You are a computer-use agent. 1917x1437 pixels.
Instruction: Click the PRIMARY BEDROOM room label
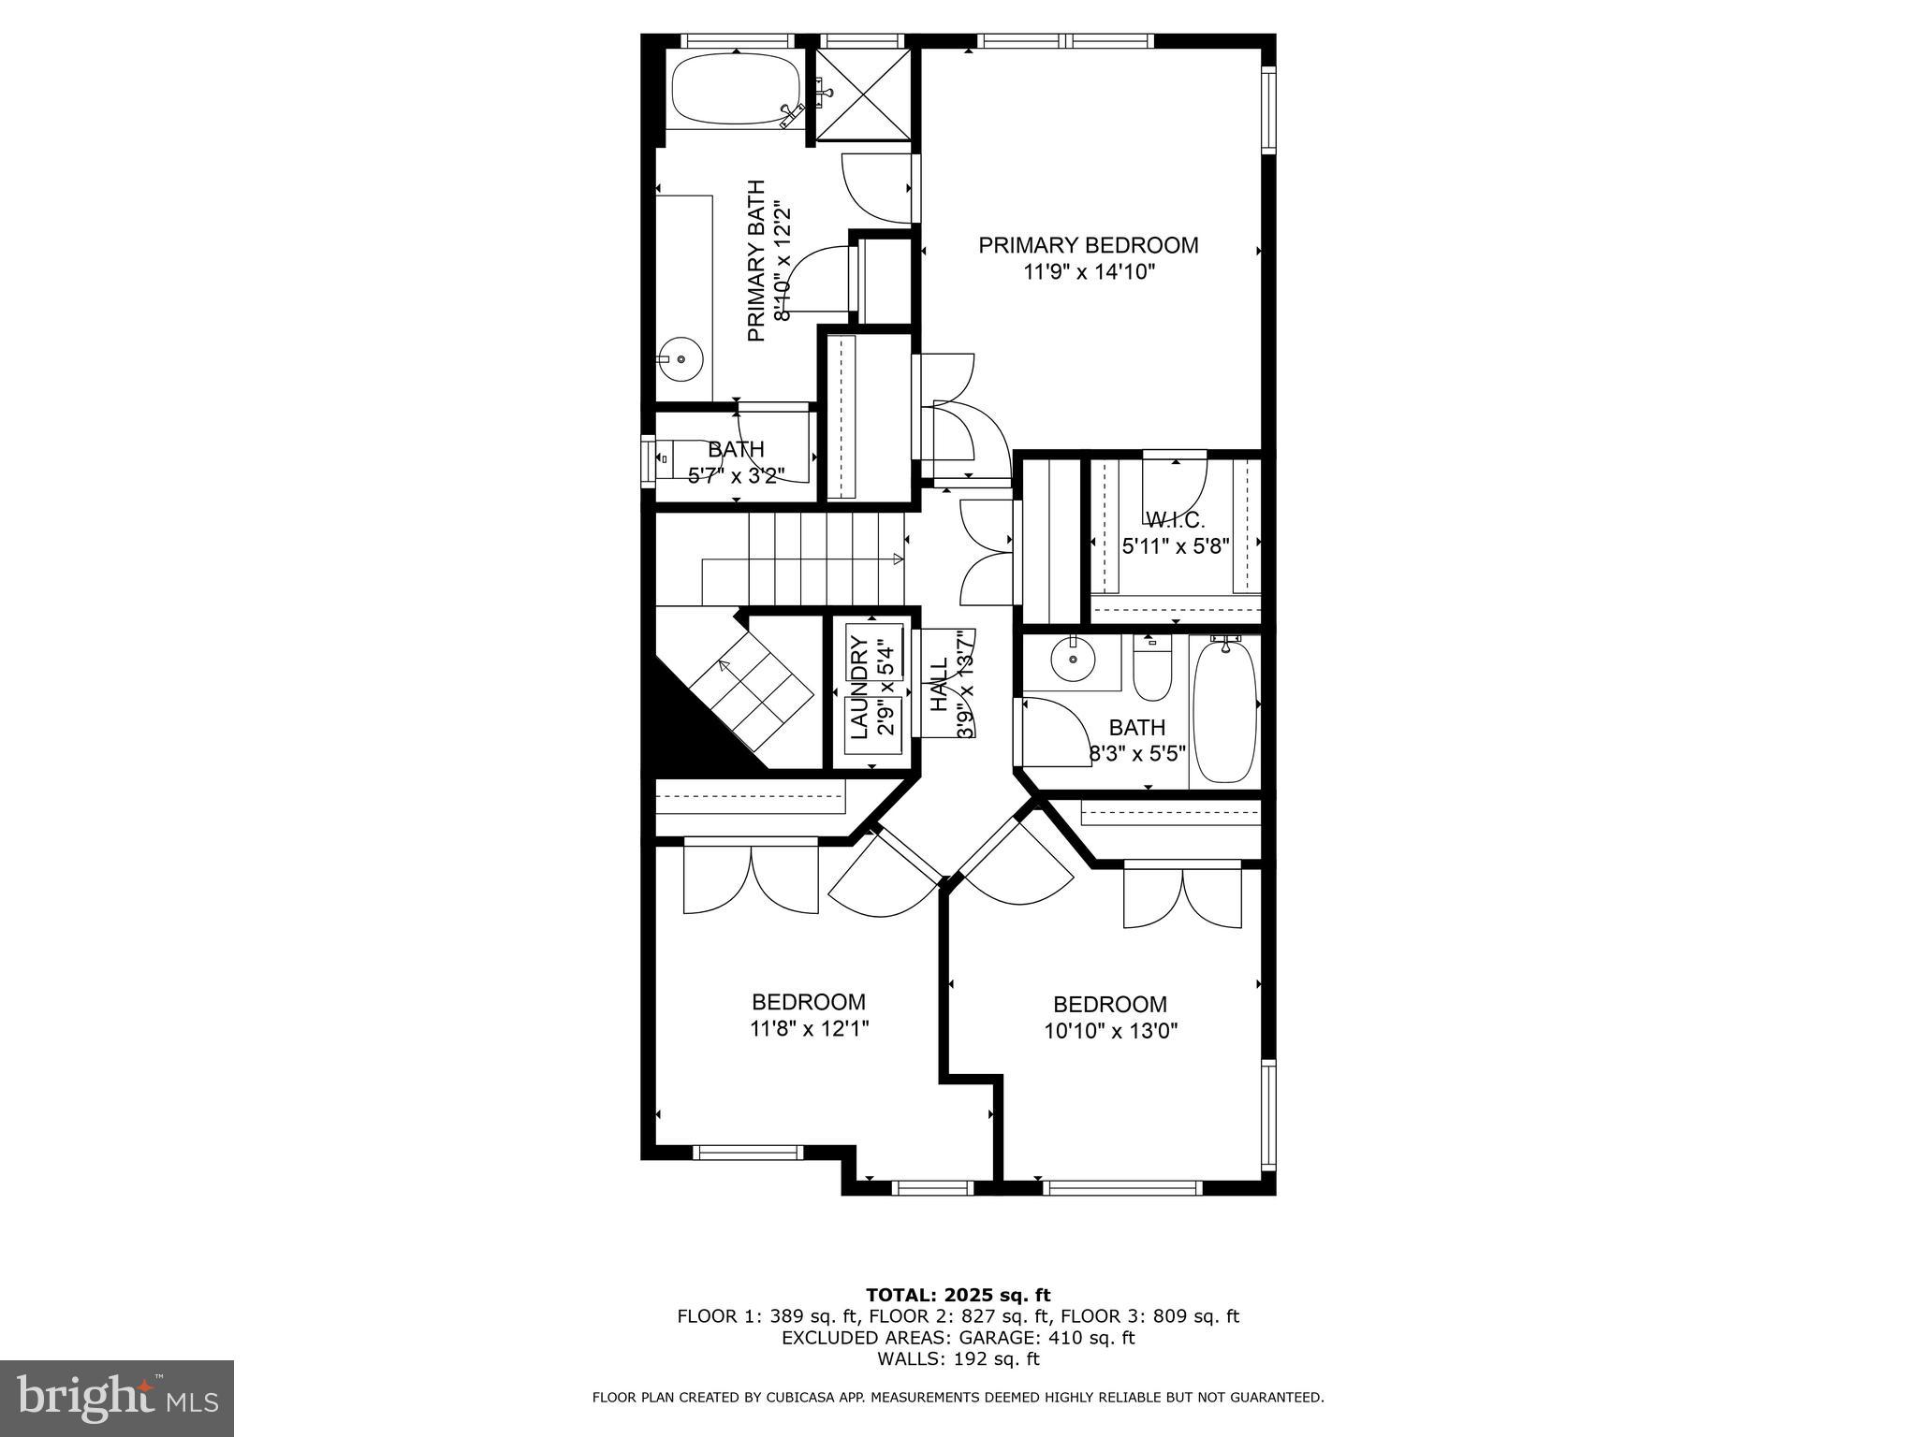pyautogui.click(x=1088, y=245)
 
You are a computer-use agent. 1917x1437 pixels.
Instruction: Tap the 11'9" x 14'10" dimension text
pyautogui.click(x=1090, y=272)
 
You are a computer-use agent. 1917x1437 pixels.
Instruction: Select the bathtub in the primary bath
pyautogui.click(x=736, y=90)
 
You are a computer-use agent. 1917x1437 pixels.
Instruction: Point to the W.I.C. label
pyautogui.click(x=1175, y=519)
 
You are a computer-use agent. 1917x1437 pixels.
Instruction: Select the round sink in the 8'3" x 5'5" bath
pyautogui.click(x=1071, y=660)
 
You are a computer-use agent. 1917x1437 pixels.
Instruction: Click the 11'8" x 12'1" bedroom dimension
pyautogui.click(x=809, y=1029)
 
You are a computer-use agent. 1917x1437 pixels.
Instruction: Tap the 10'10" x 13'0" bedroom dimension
pyautogui.click(x=1110, y=1031)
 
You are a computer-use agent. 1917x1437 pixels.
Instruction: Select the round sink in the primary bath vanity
pyautogui.click(x=680, y=358)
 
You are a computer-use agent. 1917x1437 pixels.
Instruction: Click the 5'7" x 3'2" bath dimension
pyautogui.click(x=736, y=475)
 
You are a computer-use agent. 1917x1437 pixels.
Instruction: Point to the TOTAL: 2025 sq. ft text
pyautogui.click(x=958, y=1295)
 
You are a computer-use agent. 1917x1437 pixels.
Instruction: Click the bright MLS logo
pyautogui.click(x=116, y=1397)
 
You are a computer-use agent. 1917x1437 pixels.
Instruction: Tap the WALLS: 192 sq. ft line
pyautogui.click(x=958, y=1359)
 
